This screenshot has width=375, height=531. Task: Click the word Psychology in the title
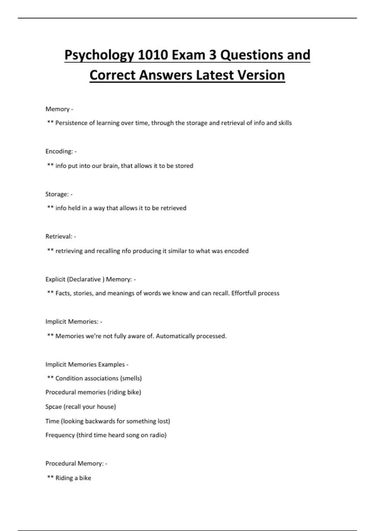[x=99, y=55]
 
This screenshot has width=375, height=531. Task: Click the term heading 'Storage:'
[x=57, y=194]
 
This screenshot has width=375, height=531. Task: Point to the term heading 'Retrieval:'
[x=59, y=236]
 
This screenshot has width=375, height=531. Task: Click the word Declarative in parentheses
[x=84, y=279]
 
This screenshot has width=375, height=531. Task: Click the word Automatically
[x=175, y=336]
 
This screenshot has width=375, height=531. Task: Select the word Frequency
[x=60, y=435]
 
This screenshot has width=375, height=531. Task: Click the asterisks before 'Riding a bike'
[x=50, y=477]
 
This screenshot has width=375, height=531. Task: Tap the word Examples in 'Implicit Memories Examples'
[x=111, y=365]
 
